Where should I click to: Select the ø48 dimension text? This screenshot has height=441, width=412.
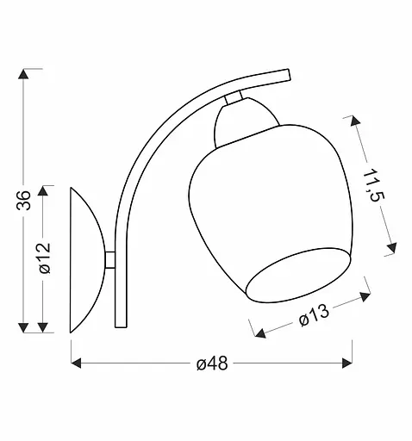coord(211,363)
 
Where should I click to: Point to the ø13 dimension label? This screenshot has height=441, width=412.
coord(315,318)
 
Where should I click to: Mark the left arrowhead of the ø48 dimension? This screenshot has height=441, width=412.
coord(75,363)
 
